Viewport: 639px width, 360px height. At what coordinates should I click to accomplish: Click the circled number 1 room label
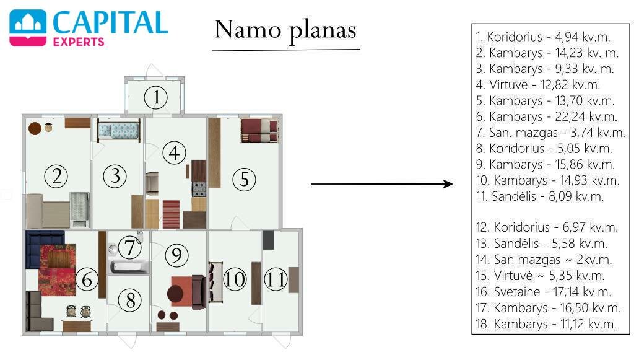[x=155, y=97]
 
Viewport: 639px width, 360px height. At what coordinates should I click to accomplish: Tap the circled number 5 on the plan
[x=244, y=180]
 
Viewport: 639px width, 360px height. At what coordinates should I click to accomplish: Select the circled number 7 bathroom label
[x=129, y=247]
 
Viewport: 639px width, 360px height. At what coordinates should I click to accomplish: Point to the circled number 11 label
[x=276, y=279]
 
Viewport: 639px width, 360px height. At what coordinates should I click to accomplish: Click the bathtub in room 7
[x=129, y=267]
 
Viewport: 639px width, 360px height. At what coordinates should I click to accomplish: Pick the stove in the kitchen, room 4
[x=199, y=190]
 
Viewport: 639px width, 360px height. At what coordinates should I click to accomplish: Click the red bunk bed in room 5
[x=259, y=131]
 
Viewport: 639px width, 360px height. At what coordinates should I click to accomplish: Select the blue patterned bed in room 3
[x=119, y=131]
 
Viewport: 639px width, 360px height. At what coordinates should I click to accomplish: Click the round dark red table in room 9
[x=175, y=293]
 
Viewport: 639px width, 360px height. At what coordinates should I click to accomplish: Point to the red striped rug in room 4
[x=171, y=214]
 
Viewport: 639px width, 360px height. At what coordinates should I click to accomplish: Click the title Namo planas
[x=285, y=30]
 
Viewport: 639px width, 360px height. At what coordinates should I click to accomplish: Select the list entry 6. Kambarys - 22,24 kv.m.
[x=547, y=116]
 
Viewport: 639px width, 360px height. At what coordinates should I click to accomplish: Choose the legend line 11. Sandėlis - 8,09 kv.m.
[x=539, y=196]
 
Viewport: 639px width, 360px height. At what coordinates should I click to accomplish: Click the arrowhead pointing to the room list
[x=448, y=184]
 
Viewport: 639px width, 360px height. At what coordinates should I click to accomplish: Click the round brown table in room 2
[x=35, y=128]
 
